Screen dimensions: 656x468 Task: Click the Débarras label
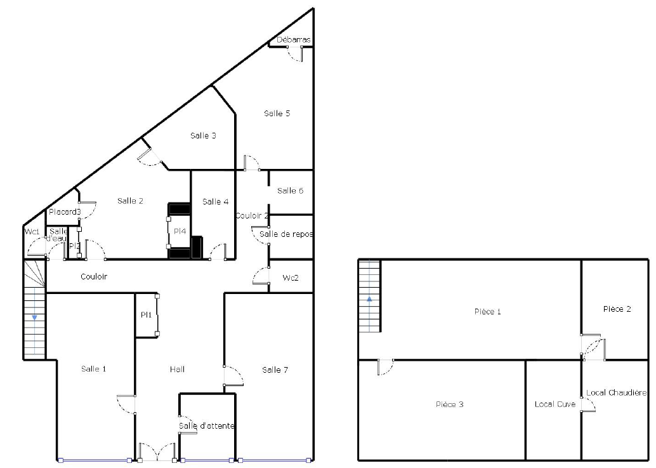click(294, 39)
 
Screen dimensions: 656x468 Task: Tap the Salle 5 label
click(277, 113)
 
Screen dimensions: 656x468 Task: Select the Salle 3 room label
click(203, 135)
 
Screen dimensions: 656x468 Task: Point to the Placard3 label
click(65, 212)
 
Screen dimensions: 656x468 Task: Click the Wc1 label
click(32, 231)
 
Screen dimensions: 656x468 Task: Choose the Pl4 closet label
click(180, 231)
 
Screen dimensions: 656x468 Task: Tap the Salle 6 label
click(291, 191)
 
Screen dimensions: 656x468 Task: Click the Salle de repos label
click(286, 234)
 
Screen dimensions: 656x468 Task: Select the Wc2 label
click(291, 277)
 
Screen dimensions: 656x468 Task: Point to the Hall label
click(178, 369)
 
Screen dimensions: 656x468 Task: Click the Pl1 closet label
click(147, 314)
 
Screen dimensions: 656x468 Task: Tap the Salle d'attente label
click(206, 425)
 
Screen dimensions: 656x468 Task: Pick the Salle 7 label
click(275, 370)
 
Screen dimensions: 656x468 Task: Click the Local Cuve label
click(555, 404)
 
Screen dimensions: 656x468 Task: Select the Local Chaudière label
click(616, 392)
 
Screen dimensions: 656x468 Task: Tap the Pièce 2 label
click(617, 309)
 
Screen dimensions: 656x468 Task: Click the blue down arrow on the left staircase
click(34, 318)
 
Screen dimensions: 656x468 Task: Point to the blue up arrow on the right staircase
click(369, 299)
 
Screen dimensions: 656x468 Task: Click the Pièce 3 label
click(450, 404)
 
